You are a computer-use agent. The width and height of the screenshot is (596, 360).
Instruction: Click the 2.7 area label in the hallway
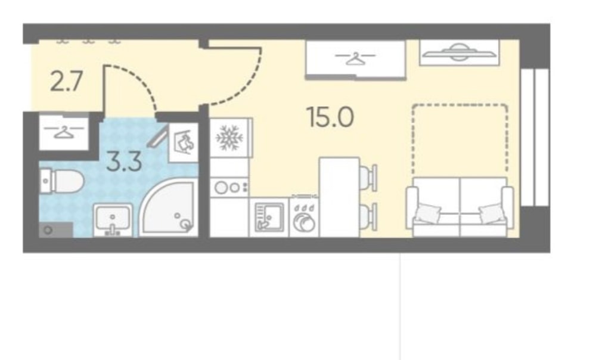(66, 82)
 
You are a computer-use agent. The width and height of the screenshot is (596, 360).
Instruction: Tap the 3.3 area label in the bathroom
(125, 161)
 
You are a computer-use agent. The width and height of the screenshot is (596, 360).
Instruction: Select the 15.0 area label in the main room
(330, 117)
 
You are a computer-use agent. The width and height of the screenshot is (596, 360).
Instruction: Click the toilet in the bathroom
(61, 181)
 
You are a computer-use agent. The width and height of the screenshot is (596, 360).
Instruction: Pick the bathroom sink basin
(113, 219)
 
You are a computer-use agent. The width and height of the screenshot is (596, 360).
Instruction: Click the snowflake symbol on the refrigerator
(229, 138)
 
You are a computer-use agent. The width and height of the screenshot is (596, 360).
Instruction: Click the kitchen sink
(269, 217)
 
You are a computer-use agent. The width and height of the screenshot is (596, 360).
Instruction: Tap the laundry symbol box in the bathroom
(184, 143)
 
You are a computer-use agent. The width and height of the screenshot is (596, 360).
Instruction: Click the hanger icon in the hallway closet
(64, 132)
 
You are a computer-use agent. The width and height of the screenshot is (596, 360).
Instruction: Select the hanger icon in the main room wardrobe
(355, 58)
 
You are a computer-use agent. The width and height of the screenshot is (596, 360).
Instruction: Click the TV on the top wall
(459, 52)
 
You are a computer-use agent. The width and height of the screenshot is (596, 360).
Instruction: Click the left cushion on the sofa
(427, 213)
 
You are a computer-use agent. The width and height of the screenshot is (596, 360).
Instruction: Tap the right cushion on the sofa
(492, 213)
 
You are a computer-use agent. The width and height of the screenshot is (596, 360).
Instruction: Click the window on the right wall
(535, 137)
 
